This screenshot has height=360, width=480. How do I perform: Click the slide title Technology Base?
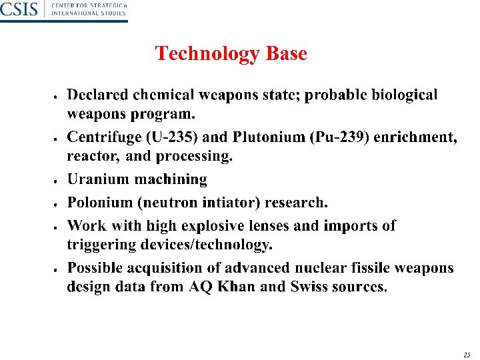[231, 53]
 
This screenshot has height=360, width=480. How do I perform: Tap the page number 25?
[467, 355]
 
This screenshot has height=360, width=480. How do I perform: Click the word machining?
[171, 180]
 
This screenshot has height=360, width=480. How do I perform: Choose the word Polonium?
[99, 202]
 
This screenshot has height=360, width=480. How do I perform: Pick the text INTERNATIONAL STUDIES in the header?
[89, 13]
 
